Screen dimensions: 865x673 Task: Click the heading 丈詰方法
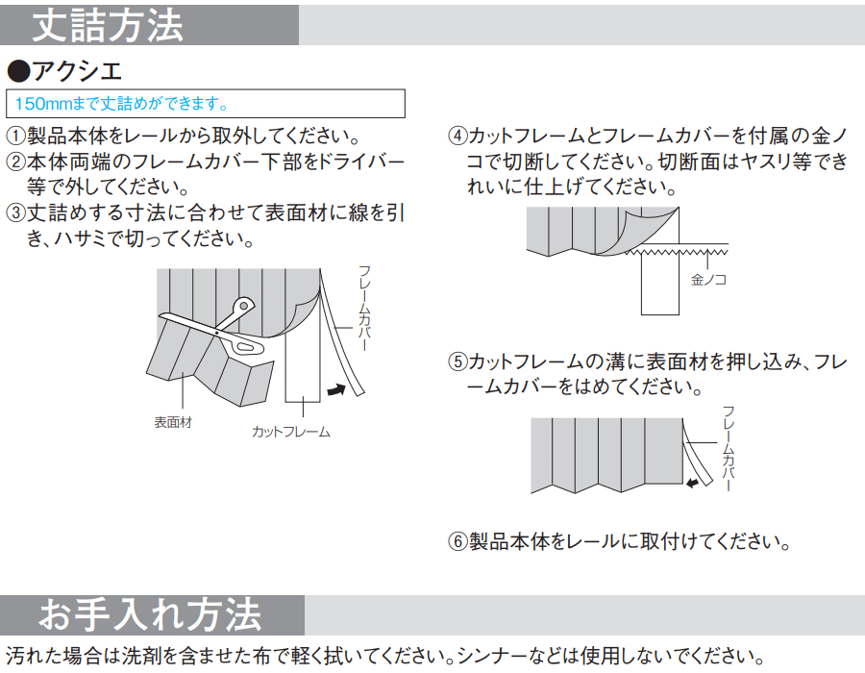tap(108, 25)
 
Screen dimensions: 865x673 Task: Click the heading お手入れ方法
tap(150, 614)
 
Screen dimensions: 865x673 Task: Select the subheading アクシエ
tap(64, 71)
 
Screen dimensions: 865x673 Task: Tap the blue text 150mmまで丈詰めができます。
tap(121, 103)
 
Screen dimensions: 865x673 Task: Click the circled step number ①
tap(16, 136)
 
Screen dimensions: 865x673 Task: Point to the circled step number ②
tap(16, 162)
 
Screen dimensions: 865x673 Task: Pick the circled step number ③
tap(16, 212)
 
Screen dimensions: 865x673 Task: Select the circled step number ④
tap(457, 136)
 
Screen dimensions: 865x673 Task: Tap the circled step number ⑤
tap(457, 361)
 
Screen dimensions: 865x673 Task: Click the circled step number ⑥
tap(457, 541)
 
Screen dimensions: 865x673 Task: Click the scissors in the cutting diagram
tap(221, 329)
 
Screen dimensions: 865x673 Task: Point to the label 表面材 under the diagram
tap(173, 423)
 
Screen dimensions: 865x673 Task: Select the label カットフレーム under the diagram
tap(290, 432)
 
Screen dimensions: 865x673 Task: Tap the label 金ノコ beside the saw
tap(709, 280)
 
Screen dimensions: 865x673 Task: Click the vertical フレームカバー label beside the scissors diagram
tap(364, 308)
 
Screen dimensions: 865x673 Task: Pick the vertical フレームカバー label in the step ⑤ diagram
tap(729, 448)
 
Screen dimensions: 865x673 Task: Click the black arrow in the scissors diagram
tap(336, 390)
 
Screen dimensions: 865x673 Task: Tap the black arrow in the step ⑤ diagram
tap(693, 484)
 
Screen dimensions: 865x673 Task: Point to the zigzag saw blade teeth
tap(677, 252)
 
